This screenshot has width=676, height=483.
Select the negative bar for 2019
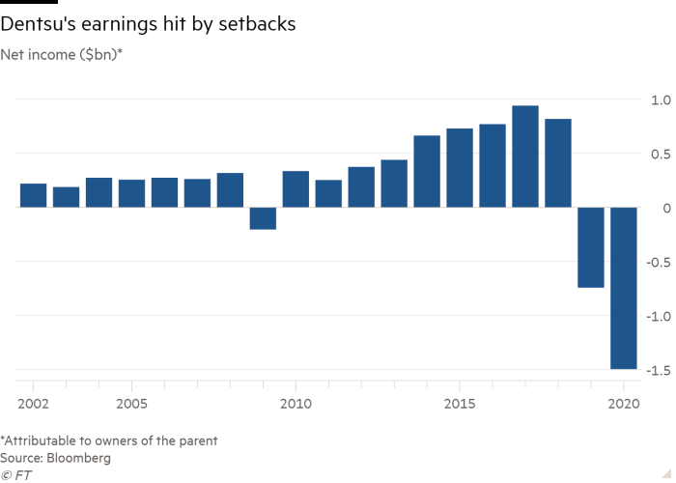[x=591, y=247]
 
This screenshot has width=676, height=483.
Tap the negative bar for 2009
[x=263, y=218]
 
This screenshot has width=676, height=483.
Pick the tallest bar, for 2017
[x=525, y=156]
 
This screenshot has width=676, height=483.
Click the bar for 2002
[x=33, y=195]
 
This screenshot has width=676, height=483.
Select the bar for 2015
[x=460, y=167]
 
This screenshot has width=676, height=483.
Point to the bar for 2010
[x=296, y=188]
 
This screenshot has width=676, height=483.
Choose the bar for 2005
[x=131, y=193]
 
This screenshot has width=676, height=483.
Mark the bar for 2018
[x=558, y=162]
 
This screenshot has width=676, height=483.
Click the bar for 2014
[x=427, y=171]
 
